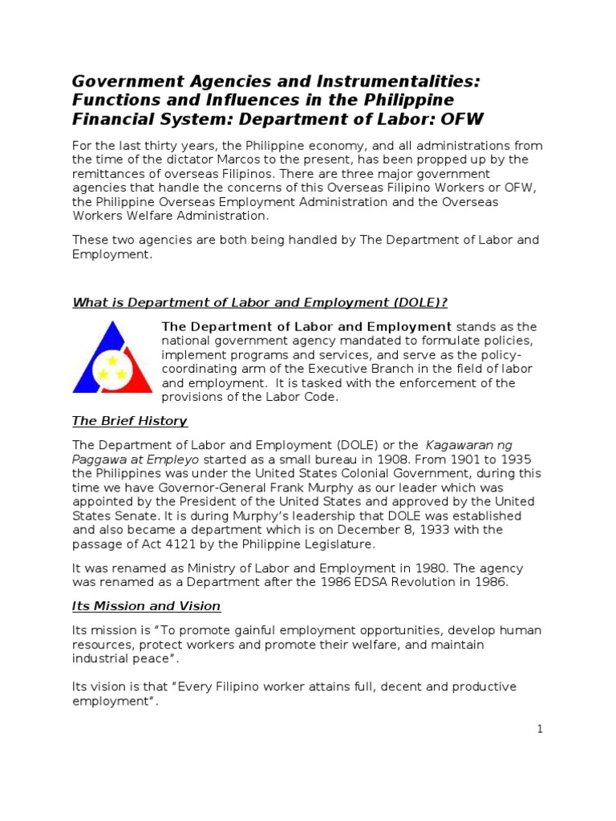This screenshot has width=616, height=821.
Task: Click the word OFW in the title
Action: [x=460, y=120]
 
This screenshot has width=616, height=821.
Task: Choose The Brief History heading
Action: [x=130, y=421]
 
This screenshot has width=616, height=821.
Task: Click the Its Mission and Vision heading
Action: [x=147, y=606]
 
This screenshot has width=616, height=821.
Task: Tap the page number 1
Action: [x=541, y=729]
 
